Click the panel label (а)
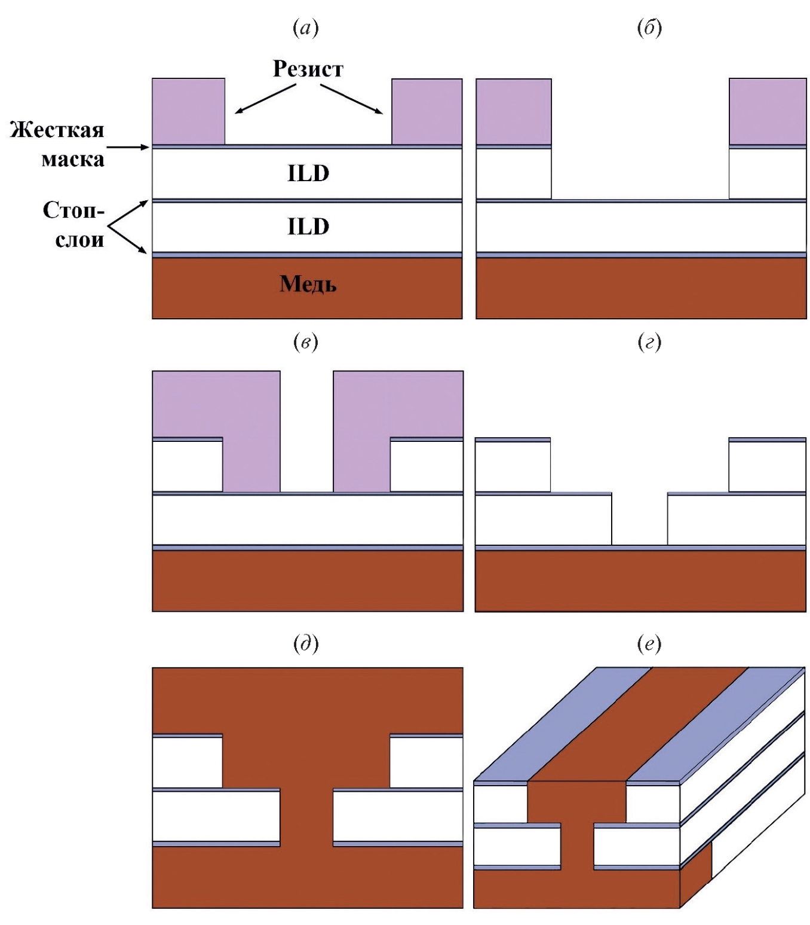click(x=306, y=28)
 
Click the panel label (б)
click(x=649, y=28)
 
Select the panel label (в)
click(x=306, y=342)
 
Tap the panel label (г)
click(x=649, y=342)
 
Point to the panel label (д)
click(x=306, y=644)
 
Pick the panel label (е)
click(x=649, y=644)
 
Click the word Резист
click(x=308, y=69)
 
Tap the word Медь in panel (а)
click(x=308, y=284)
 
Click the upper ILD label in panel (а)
click(x=308, y=173)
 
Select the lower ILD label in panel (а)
click(x=308, y=227)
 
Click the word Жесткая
click(x=57, y=130)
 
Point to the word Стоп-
click(x=73, y=210)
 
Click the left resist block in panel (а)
click(x=188, y=111)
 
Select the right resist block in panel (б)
click(x=768, y=111)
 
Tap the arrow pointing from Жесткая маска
click(x=127, y=146)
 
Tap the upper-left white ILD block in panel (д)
click(x=188, y=763)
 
